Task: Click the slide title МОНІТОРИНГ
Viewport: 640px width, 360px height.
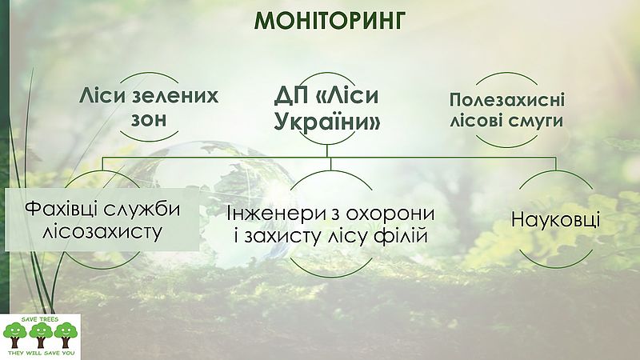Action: coord(330,21)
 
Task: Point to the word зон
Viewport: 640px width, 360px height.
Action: coord(149,118)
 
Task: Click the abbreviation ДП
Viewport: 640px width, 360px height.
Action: coord(292,96)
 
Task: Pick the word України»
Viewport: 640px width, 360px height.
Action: coord(327,121)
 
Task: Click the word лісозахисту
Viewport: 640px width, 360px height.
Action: coord(102,232)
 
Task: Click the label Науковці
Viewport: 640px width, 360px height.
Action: coord(555,219)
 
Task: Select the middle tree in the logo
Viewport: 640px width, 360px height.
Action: coord(41,334)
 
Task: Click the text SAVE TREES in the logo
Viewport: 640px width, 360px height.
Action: coord(41,319)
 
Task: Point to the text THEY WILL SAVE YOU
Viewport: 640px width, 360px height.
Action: coord(40,353)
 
